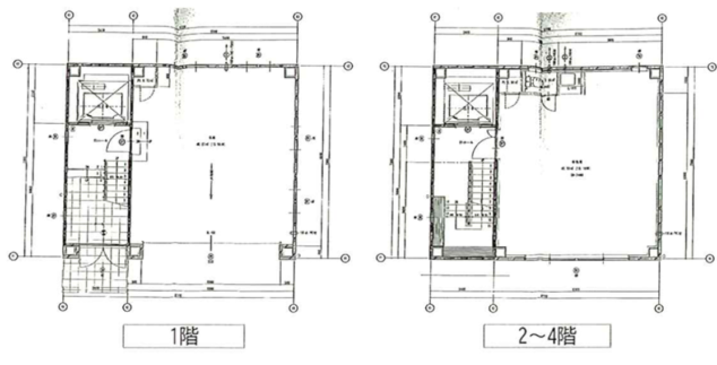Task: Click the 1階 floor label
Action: [x=184, y=338]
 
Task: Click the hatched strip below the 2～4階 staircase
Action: [x=468, y=252]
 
